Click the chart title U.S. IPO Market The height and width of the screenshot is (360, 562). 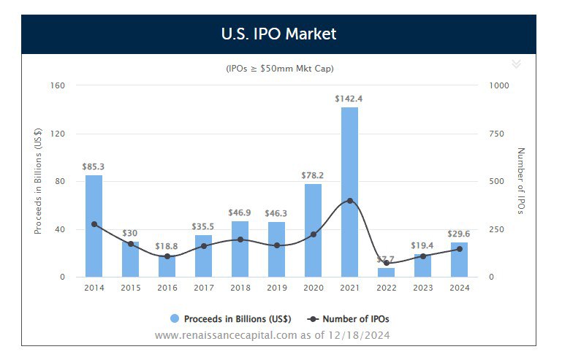click(278, 34)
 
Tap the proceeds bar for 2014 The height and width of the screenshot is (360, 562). click(94, 226)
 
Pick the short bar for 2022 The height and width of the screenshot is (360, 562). click(386, 272)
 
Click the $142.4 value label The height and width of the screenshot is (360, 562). click(349, 98)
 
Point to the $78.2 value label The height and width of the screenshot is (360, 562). click(313, 175)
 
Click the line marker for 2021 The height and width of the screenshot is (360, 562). click(349, 201)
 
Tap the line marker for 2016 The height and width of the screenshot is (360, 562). click(167, 256)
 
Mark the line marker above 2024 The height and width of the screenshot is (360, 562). click(459, 249)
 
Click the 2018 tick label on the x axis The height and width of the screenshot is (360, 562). click(240, 288)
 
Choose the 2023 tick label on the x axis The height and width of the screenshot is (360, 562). click(422, 288)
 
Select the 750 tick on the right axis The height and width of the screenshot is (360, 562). click(496, 134)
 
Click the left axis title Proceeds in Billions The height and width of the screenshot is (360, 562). click(38, 181)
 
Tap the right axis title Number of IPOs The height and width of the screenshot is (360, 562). click(521, 181)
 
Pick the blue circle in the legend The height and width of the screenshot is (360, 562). click(175, 319)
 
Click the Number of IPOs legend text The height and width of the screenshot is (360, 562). click(360, 319)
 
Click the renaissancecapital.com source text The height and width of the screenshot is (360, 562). click(272, 335)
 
